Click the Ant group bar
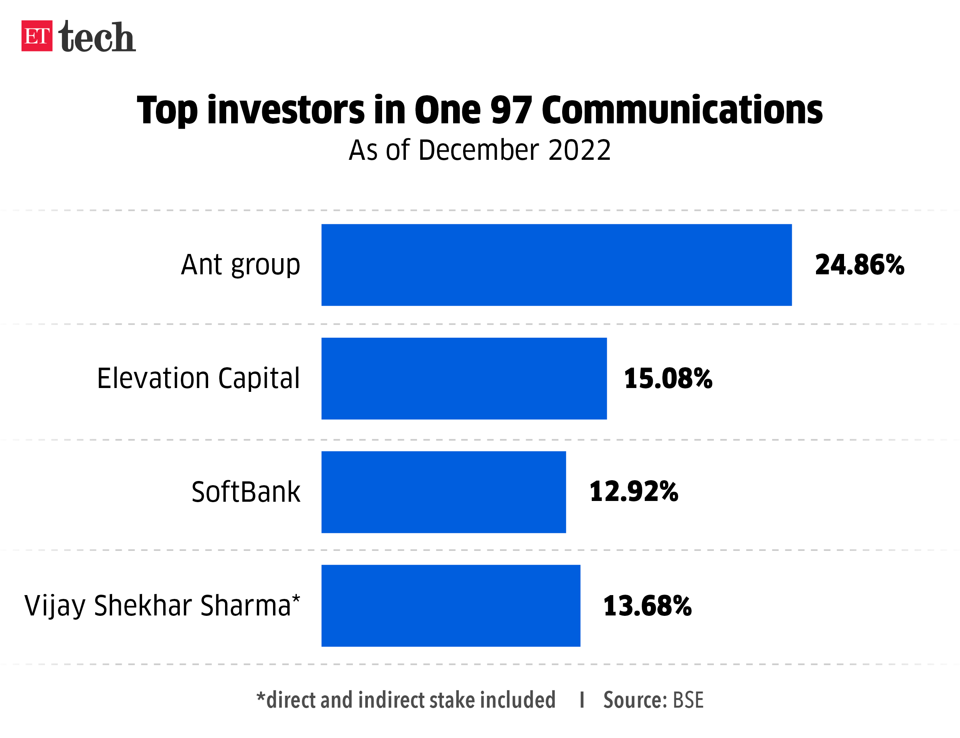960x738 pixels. pos(556,265)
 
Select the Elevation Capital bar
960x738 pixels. pos(464,378)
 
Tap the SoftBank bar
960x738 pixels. pos(444,492)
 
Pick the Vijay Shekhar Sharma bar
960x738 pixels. pos(450,605)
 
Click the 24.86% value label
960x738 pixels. pos(859,265)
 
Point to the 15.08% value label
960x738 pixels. pos(668,378)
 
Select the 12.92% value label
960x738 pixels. pos(634,492)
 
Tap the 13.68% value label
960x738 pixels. pos(647,606)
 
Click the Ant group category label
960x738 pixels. pos(240,265)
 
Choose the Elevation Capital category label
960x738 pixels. pos(199,378)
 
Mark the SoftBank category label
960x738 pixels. pos(246,492)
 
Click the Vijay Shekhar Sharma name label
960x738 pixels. pos(162,606)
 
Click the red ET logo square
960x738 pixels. pos(37,36)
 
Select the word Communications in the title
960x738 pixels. pos(682,110)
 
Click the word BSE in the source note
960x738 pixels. pos(688,700)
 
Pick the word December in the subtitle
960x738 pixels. pos(478,150)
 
